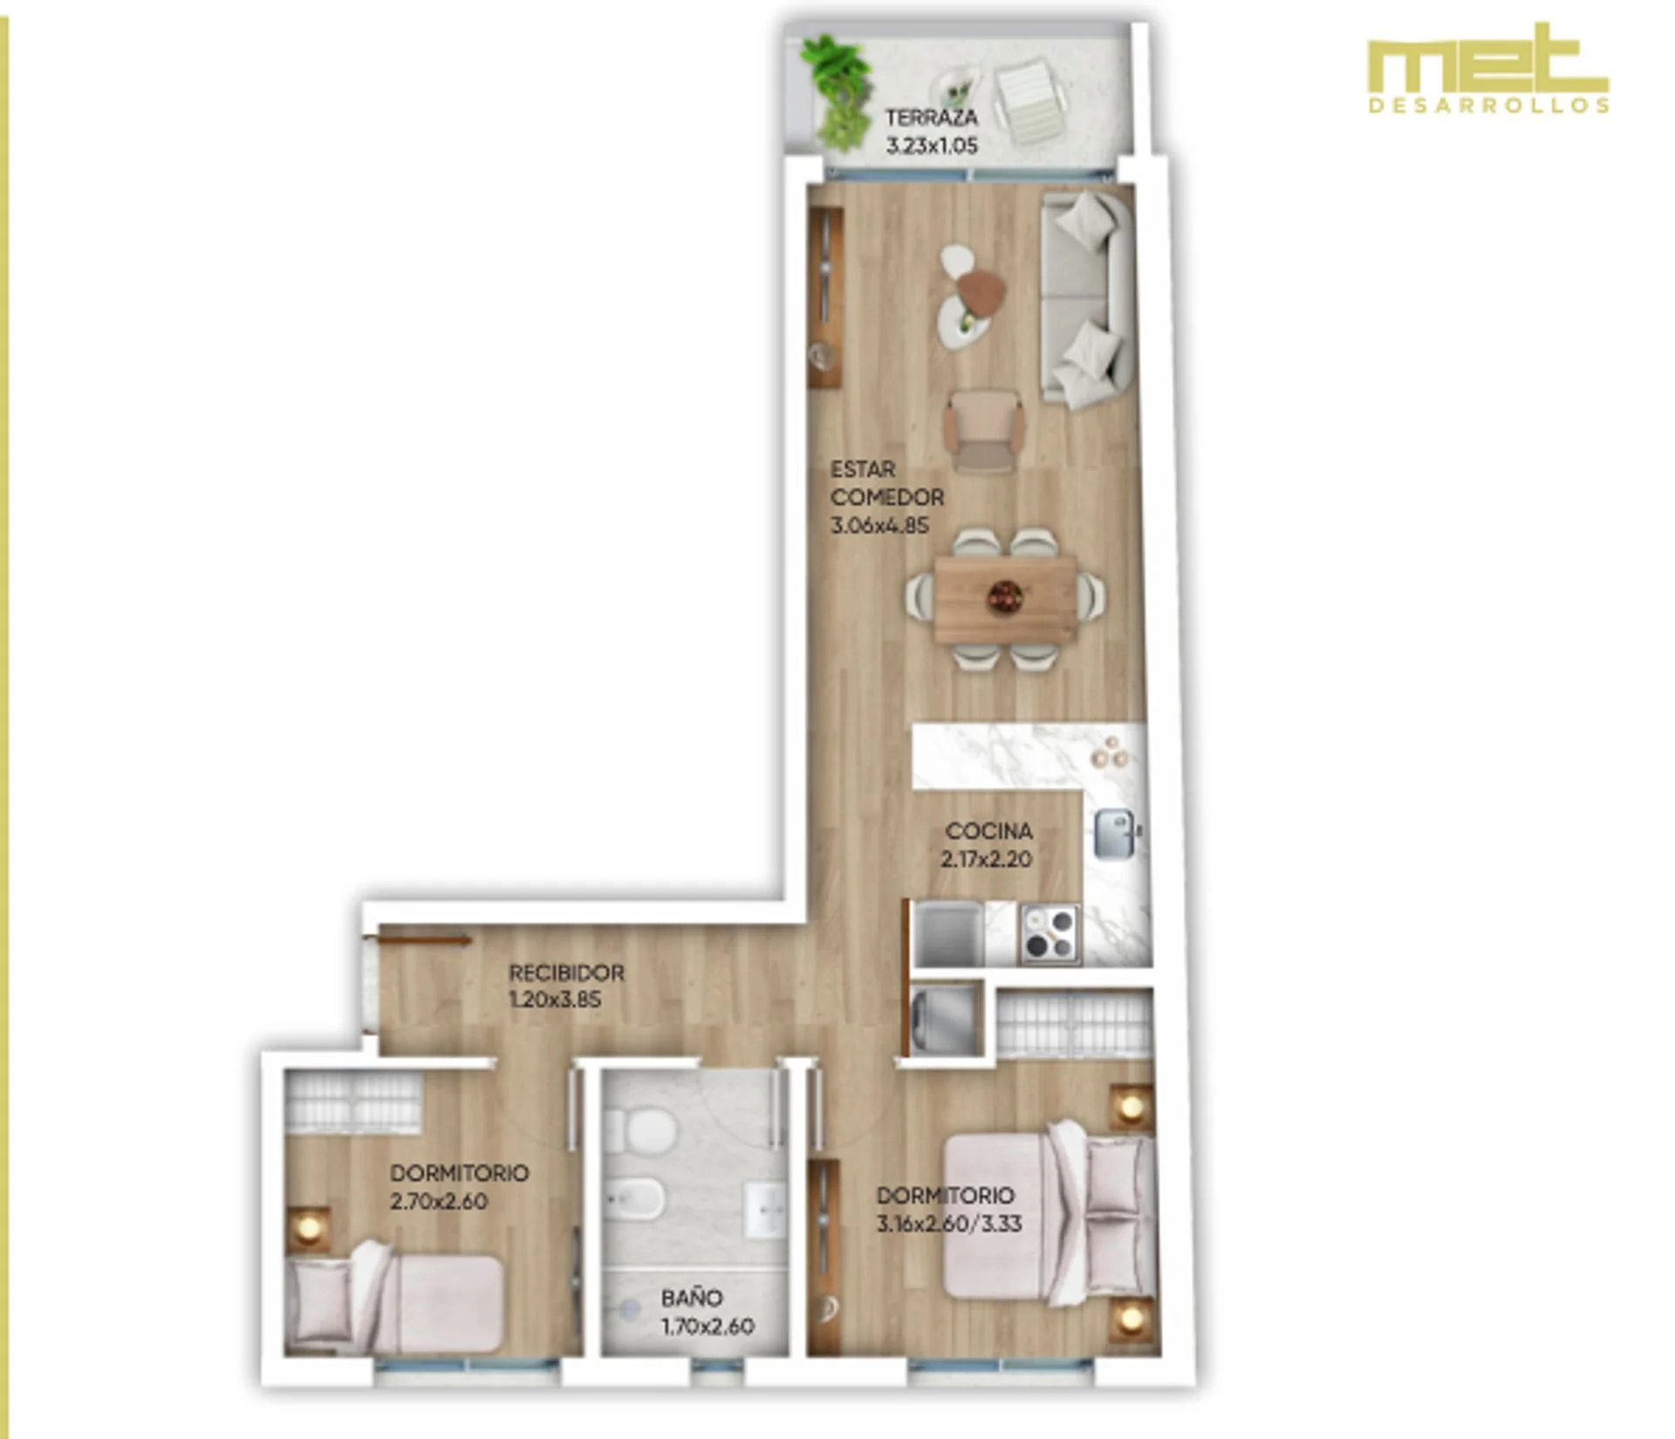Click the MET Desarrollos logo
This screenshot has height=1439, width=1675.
pos(1488,68)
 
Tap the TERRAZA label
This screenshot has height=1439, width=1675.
pos(931,117)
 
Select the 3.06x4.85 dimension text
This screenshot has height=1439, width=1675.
pos(879,526)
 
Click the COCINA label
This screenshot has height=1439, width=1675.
pos(988,831)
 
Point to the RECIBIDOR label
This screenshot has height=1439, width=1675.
pos(566,972)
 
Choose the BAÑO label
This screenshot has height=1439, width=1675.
pos(692,1298)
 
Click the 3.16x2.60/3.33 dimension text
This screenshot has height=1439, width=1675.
pos(949,1224)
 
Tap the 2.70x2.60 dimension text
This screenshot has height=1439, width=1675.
pos(439,1201)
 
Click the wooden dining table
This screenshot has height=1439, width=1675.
pos(1006,600)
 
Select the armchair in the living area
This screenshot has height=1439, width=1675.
pos(986,430)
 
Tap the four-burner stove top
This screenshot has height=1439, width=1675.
pos(1050,934)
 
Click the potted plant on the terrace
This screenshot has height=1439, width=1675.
pos(837,91)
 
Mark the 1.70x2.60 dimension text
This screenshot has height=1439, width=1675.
pos(708,1326)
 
